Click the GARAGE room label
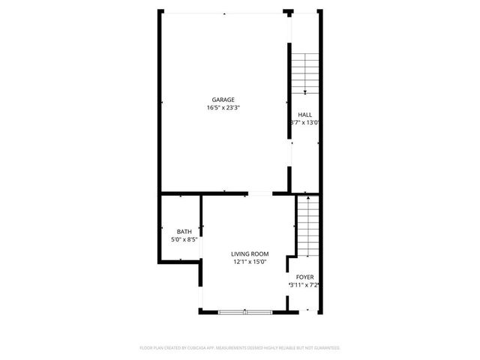[x=223, y=100]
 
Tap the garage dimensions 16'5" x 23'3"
[x=223, y=108]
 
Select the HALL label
[x=304, y=115]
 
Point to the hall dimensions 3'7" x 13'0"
[x=305, y=123]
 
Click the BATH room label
[x=184, y=231]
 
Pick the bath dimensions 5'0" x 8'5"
[x=184, y=239]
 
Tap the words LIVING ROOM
[x=250, y=254]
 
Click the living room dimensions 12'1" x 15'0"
[x=250, y=262]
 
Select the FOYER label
[x=304, y=277]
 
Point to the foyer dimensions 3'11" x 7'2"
[x=304, y=285]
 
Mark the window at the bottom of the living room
[x=244, y=310]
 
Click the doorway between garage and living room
[x=259, y=193]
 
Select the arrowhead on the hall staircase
[x=305, y=91]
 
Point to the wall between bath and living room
[x=200, y=225]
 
